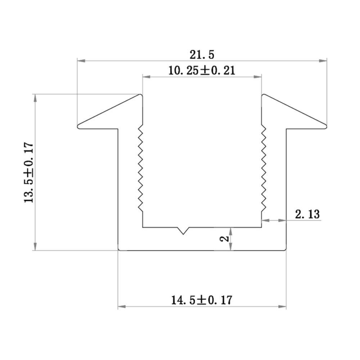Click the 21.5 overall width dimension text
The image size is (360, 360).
[x=202, y=55]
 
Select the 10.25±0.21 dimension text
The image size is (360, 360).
[x=202, y=70]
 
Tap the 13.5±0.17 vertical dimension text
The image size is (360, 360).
[x=29, y=172]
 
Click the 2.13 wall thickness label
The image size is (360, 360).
[x=307, y=215]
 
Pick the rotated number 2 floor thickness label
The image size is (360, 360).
[x=224, y=239]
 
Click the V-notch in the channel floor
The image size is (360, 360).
[x=184, y=230]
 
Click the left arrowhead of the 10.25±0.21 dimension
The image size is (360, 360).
[x=146, y=76]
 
